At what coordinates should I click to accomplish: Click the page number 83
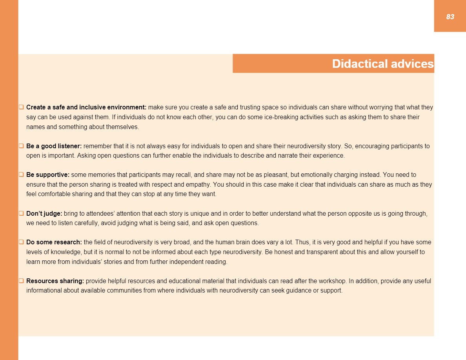coord(450,17)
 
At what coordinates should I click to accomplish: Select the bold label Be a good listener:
coord(54,146)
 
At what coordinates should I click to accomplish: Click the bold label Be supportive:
coord(48,175)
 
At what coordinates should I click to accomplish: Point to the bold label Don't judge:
coord(44,214)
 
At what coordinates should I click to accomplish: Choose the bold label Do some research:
coord(54,242)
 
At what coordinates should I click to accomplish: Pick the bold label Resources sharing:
coord(55,281)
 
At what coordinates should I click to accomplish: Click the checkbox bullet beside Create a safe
coord(22,107)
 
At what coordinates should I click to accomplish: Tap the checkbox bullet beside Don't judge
coord(22,214)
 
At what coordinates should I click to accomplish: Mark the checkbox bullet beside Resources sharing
coord(22,281)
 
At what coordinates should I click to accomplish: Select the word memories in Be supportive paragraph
coord(100,175)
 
